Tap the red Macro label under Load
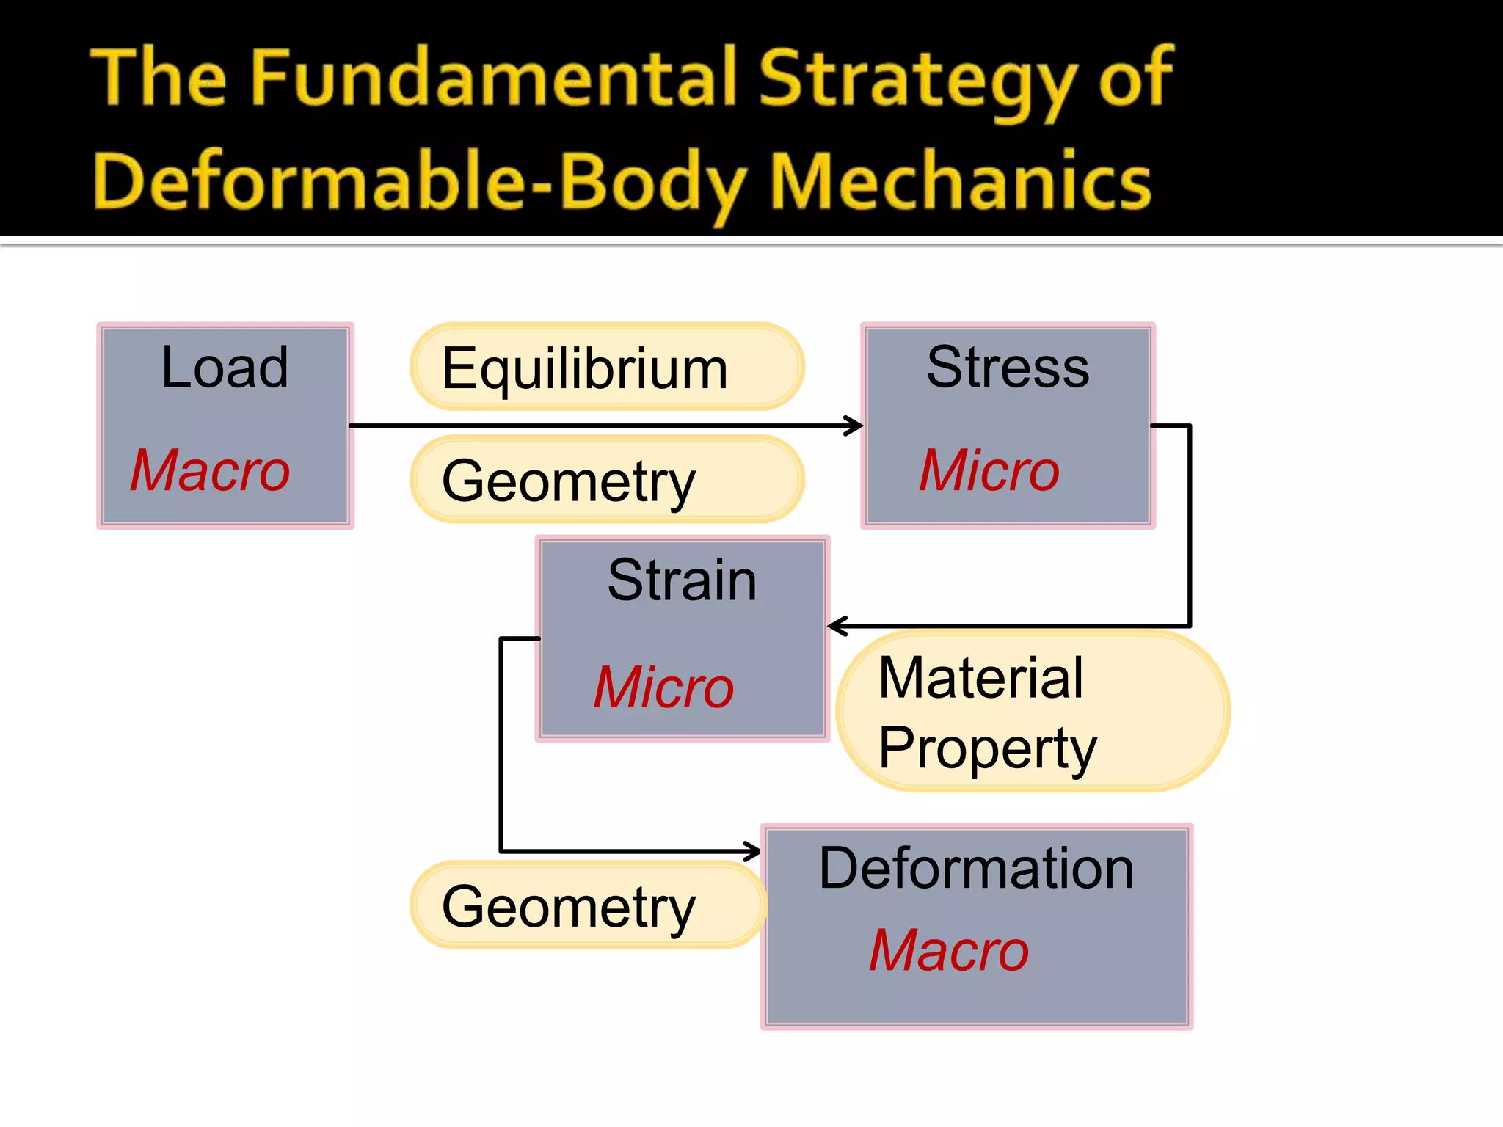tap(211, 470)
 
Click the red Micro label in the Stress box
tap(989, 470)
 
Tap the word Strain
tap(682, 580)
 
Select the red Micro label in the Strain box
tap(663, 687)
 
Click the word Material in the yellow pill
tap(980, 678)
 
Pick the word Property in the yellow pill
tap(987, 748)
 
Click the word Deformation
tap(976, 869)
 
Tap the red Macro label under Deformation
tap(949, 951)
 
